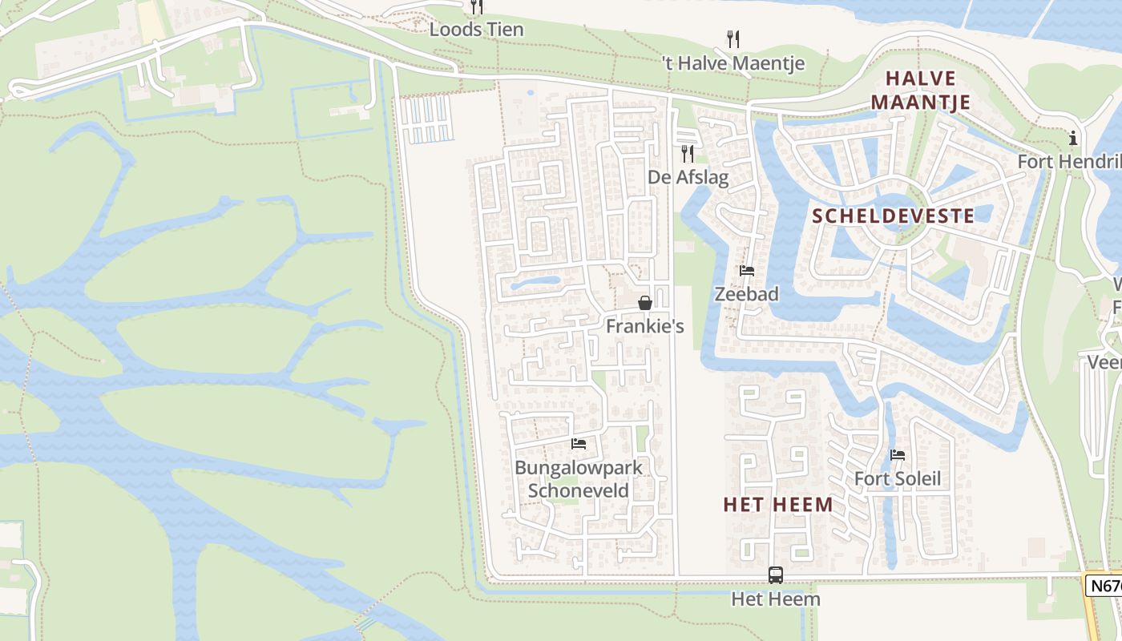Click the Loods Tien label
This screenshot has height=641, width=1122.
pos(477,30)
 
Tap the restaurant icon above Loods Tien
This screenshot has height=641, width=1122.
pos(477,7)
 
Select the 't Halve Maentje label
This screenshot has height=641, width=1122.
pos(733,62)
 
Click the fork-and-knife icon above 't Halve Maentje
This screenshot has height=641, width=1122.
pos(733,38)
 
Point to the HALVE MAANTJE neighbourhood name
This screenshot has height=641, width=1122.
pos(921,91)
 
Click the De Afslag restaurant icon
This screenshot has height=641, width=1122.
pos(688,153)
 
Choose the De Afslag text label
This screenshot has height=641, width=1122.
pos(688,177)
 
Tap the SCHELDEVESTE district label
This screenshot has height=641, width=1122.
pos(894,216)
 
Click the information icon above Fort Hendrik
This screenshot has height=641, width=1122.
pos(1073,139)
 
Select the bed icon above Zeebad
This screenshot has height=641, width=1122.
pos(747,271)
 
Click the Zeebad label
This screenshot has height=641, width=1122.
pos(746,294)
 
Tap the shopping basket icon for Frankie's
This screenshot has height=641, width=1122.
pos(645,303)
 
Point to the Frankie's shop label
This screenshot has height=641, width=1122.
pos(645,326)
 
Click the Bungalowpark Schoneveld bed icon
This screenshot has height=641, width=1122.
pos(579,443)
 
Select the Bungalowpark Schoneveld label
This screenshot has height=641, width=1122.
pos(579,478)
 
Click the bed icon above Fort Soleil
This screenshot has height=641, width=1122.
pos(898,455)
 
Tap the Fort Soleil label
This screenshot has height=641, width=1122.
pos(898,479)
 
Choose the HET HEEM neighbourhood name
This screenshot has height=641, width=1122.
pos(777,504)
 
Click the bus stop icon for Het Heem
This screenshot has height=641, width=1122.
pos(776,574)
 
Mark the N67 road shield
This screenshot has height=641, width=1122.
pos(1104,586)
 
